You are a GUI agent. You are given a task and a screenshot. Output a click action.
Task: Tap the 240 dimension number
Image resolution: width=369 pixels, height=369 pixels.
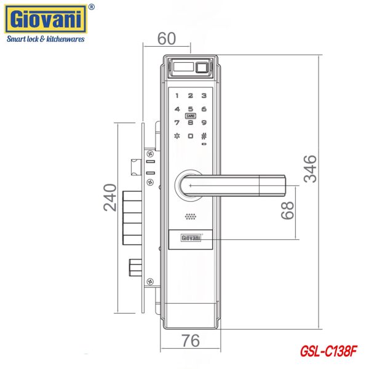coord(110,197)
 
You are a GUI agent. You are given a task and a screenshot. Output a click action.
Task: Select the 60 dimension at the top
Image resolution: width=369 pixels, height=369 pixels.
coord(166,38)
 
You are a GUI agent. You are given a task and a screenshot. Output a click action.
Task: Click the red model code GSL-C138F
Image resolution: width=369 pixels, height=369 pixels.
coord(328,352)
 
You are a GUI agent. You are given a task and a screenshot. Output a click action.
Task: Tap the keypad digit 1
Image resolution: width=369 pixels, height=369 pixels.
coord(177,96)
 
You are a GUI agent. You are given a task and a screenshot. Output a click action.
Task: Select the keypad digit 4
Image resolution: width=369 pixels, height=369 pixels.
coord(177,109)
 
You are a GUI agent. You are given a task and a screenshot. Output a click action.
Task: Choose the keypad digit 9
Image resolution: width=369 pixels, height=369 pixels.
coord(204,122)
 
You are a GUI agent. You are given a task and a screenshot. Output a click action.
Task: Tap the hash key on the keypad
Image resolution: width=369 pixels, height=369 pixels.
coord(204,136)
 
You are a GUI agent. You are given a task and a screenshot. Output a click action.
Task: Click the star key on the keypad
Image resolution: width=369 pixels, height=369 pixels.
coord(177,136)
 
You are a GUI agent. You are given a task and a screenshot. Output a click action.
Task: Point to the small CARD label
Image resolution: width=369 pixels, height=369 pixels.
coord(190,116)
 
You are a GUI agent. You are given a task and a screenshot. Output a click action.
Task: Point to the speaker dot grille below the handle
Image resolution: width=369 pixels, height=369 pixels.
coord(190,216)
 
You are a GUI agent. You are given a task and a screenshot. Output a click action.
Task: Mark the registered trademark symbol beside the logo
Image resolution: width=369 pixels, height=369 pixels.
coord(92,7)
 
